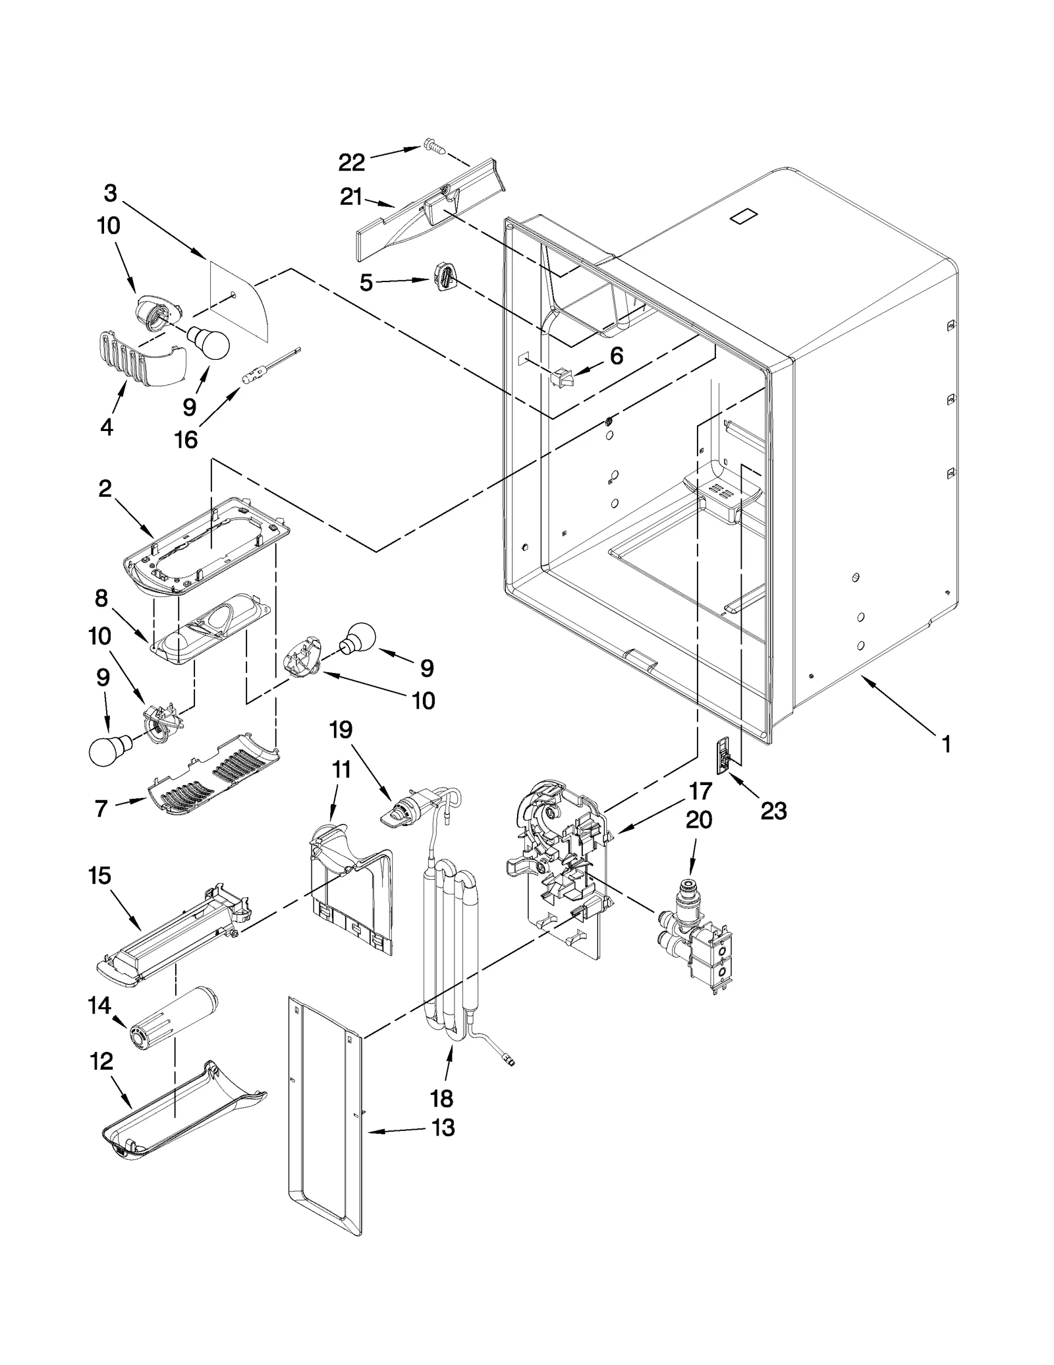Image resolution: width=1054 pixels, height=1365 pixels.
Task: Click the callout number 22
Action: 351,162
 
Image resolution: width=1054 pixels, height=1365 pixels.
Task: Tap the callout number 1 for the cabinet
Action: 946,745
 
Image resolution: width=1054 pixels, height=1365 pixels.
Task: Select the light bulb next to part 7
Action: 107,750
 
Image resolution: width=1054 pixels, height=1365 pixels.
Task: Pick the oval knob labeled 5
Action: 446,274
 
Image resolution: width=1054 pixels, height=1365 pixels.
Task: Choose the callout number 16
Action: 186,439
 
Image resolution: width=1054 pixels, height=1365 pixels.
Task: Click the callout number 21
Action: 351,196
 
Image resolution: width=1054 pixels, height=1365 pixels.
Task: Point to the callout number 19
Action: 341,730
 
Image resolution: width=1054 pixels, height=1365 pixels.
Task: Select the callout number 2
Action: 105,489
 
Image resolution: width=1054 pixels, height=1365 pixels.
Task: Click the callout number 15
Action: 100,876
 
